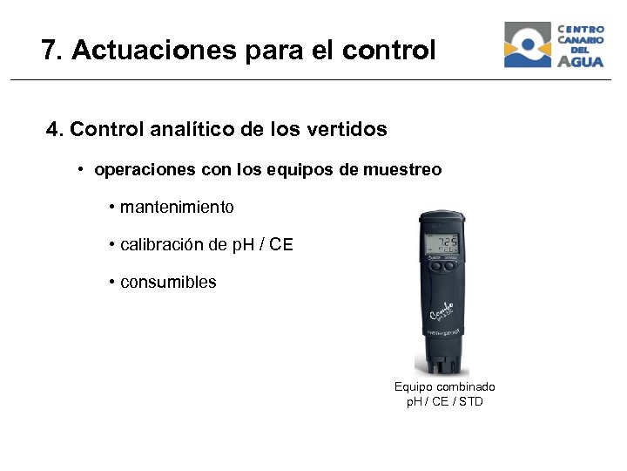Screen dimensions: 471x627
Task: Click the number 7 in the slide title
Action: pos(49,51)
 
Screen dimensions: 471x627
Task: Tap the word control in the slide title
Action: pos(388,51)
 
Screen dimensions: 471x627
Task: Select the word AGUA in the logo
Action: pos(581,61)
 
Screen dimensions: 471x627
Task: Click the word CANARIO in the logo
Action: pos(581,39)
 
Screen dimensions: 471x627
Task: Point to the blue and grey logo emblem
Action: pos(528,44)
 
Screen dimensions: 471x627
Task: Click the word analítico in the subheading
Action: pos(193,130)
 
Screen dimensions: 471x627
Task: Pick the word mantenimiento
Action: pos(177,208)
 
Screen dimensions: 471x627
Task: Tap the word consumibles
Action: pos(168,283)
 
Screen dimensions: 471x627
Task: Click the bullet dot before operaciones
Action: pos(79,168)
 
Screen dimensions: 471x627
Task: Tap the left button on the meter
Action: pos(432,268)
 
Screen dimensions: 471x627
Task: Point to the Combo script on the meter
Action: pos(443,309)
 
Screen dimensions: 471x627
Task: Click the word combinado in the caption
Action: pos(466,386)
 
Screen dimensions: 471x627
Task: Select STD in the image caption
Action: pos(470,402)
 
